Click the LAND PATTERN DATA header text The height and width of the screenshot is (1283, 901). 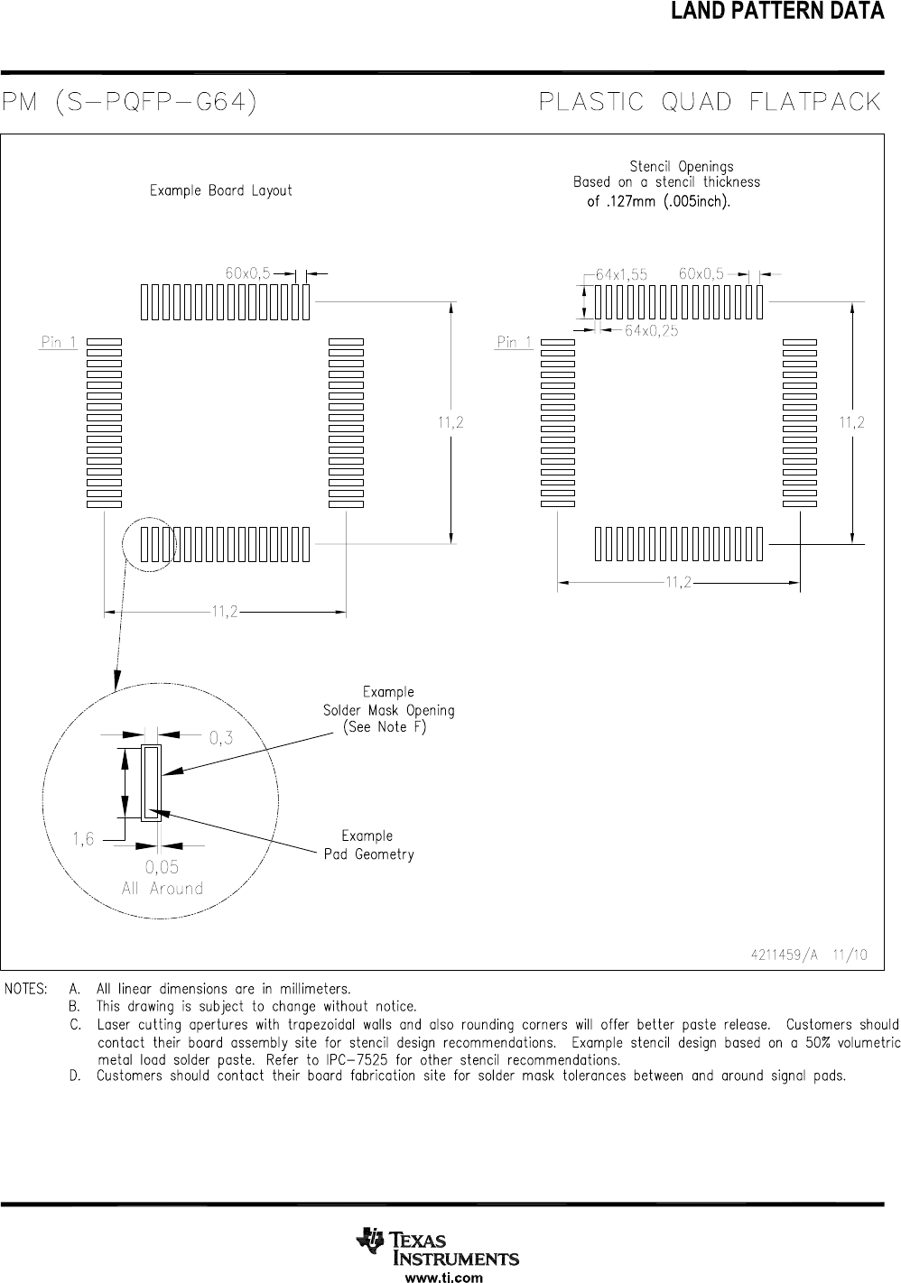pos(776,12)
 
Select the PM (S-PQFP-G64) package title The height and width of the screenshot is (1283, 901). pos(129,101)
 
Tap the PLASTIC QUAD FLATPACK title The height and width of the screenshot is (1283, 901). pos(710,101)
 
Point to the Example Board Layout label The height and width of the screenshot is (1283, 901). pos(220,190)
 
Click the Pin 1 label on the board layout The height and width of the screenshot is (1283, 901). pos(59,343)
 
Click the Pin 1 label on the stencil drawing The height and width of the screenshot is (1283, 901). pos(515,343)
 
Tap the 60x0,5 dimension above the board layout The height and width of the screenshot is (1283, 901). pos(247,272)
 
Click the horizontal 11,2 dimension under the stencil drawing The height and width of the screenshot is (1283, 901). pos(679,583)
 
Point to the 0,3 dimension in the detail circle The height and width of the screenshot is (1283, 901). pos(221,738)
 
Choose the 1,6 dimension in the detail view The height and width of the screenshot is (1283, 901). pos(83,839)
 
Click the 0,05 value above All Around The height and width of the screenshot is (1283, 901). pos(163,868)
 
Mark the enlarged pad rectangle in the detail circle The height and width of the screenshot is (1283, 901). pos(152,782)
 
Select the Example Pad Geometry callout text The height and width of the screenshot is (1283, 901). pos(368,845)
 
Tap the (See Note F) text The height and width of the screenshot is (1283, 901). pos(385,728)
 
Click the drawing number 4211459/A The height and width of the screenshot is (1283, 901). pos(783,955)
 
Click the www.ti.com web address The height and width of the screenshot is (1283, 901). pos(443,1277)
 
